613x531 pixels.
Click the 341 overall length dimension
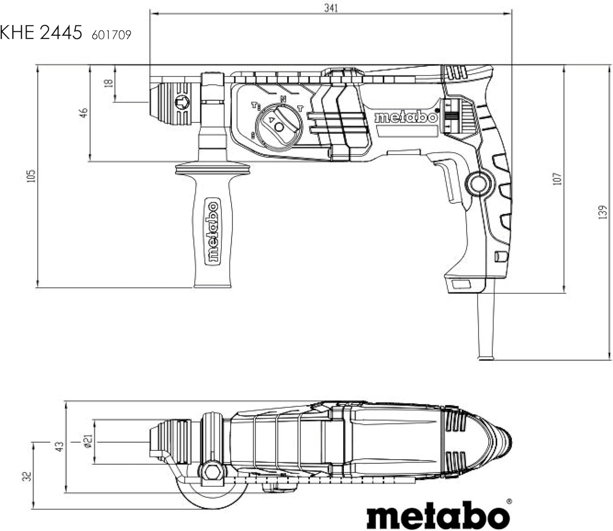click(331, 8)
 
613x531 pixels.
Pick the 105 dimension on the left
click(31, 176)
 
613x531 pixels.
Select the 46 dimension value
click(83, 112)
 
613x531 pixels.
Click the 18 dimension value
click(109, 83)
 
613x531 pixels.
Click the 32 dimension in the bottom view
click(27, 476)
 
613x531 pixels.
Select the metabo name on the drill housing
click(405, 117)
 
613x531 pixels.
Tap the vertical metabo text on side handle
click(213, 231)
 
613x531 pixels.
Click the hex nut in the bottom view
click(212, 473)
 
